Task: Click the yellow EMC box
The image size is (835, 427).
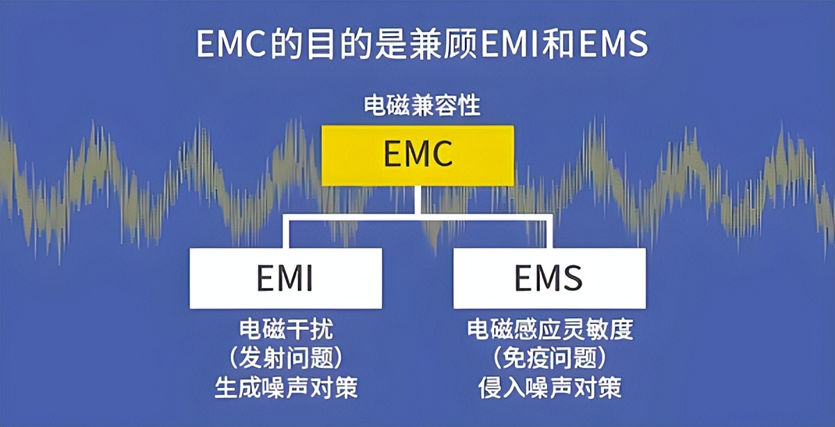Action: (x=417, y=156)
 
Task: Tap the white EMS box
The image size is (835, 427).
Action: (x=549, y=278)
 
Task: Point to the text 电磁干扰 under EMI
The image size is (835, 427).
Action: (x=286, y=330)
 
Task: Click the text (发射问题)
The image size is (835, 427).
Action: (x=286, y=358)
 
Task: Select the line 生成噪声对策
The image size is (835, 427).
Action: (x=286, y=387)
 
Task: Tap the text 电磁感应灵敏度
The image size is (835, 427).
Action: (x=550, y=330)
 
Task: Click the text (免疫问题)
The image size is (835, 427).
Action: (x=550, y=358)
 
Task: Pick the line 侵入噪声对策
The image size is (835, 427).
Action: (x=550, y=387)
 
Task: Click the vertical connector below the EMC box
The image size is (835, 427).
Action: (x=417, y=202)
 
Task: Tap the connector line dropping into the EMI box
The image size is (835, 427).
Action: (x=286, y=233)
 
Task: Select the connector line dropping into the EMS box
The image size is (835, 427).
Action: (x=550, y=233)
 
